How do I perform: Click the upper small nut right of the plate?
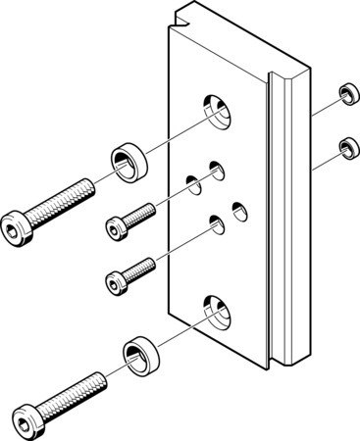pos(345,94)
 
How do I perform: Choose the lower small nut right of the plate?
pos(345,148)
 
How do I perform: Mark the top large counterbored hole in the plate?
pos(215,110)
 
